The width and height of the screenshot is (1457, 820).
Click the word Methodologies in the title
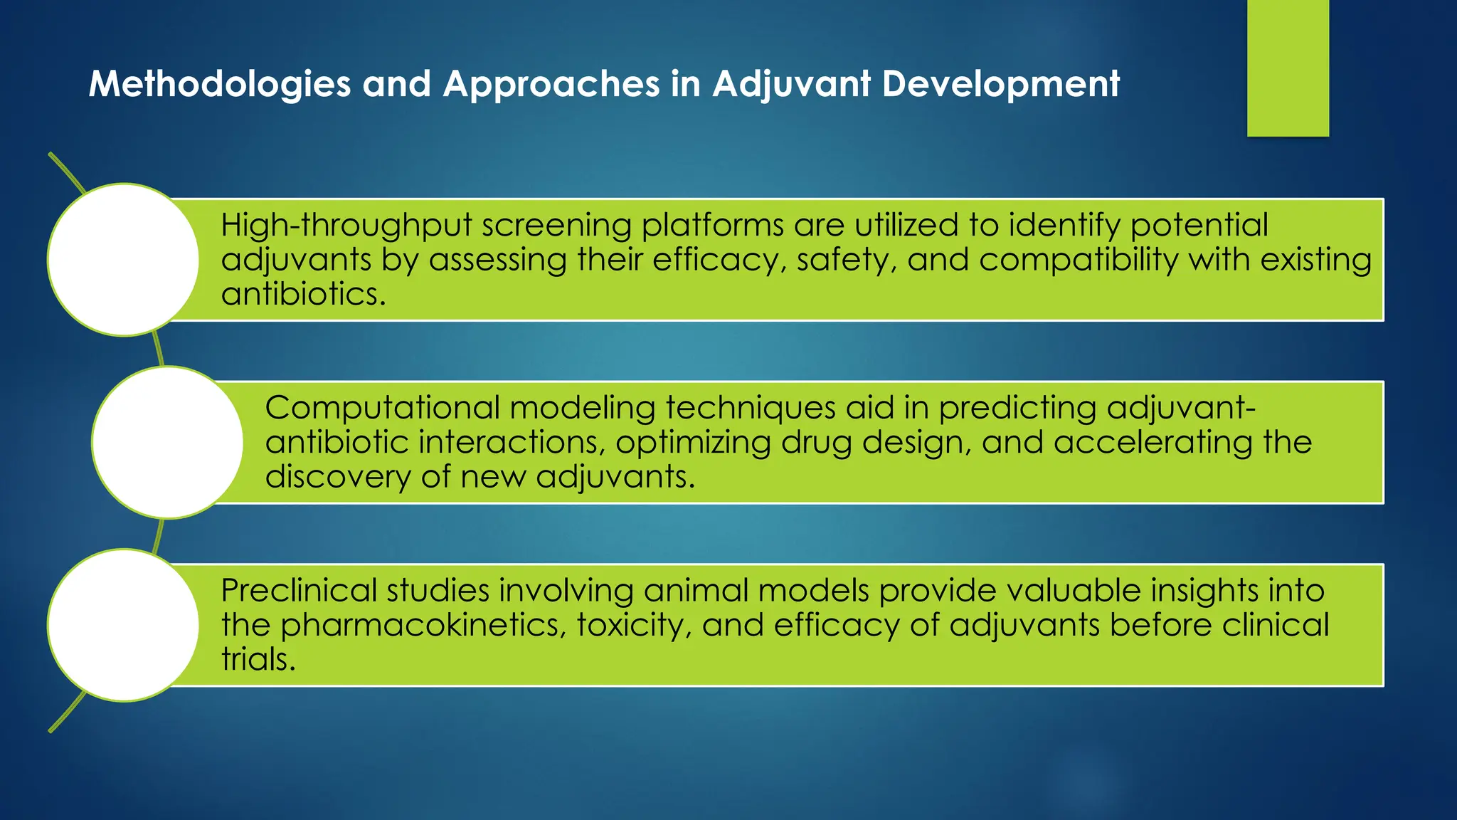(x=220, y=84)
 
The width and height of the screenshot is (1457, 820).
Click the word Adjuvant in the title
(x=791, y=84)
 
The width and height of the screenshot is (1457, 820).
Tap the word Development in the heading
(x=1001, y=84)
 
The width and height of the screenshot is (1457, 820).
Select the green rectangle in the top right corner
(x=1288, y=68)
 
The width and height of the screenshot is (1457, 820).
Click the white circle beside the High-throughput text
(x=123, y=260)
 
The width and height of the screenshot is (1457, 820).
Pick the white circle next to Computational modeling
(x=167, y=442)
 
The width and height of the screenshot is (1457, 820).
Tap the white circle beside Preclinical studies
(x=123, y=625)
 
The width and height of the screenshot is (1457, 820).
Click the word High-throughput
(x=346, y=226)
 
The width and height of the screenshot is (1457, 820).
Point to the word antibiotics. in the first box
(x=304, y=294)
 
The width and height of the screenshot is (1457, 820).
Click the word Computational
(x=383, y=408)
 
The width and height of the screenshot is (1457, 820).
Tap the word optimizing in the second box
(x=693, y=442)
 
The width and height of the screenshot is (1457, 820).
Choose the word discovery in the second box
(x=338, y=476)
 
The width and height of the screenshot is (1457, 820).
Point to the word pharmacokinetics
(x=423, y=625)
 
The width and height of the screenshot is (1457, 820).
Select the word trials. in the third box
(x=258, y=659)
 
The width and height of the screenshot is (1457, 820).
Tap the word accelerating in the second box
(x=1153, y=442)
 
